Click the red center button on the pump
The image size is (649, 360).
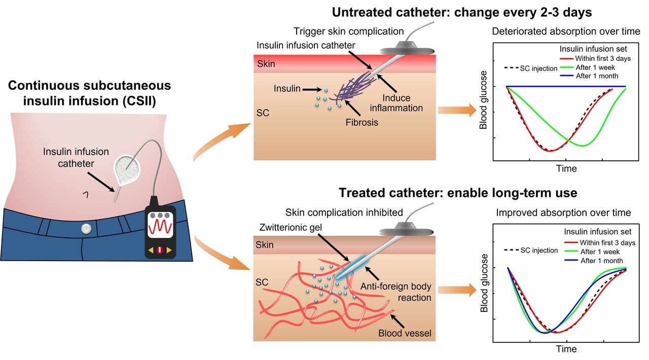click(x=161, y=250)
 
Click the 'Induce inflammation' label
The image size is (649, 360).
click(x=403, y=103)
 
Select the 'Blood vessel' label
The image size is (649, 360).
click(x=404, y=334)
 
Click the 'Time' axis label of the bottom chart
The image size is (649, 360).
click(x=566, y=349)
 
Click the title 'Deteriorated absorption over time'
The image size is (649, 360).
click(x=566, y=31)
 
